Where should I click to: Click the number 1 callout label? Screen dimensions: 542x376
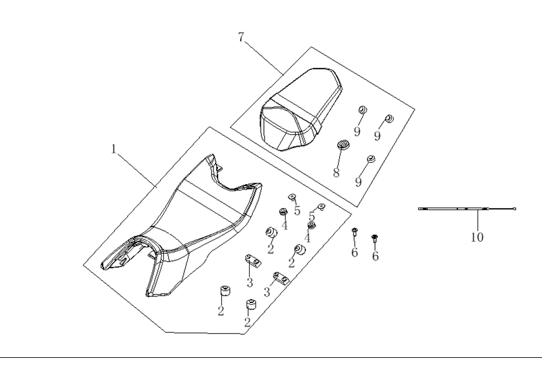(x=114, y=149)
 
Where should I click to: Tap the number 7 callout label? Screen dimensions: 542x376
(x=241, y=37)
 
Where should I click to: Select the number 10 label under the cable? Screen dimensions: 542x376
(x=477, y=237)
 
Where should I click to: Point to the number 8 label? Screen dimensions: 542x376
(x=336, y=172)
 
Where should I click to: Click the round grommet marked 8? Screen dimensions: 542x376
(x=343, y=144)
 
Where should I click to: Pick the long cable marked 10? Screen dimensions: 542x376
(x=467, y=209)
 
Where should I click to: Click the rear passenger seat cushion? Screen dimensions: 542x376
(x=301, y=110)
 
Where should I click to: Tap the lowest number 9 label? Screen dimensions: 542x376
(x=359, y=182)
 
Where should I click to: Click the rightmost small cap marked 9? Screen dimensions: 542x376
(x=389, y=118)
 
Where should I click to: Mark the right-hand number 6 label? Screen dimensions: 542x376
(x=376, y=256)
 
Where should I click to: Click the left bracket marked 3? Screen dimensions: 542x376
(x=253, y=260)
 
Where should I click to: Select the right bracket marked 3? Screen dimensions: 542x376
(x=281, y=278)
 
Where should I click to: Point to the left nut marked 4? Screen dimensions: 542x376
(x=283, y=211)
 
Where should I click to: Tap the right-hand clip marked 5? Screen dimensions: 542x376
(x=321, y=207)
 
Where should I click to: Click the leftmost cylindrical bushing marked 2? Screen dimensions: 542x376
(x=225, y=291)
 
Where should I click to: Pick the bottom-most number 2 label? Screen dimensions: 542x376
(x=247, y=322)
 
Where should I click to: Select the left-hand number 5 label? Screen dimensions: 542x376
(x=297, y=211)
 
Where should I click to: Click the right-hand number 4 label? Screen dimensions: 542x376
(x=307, y=238)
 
